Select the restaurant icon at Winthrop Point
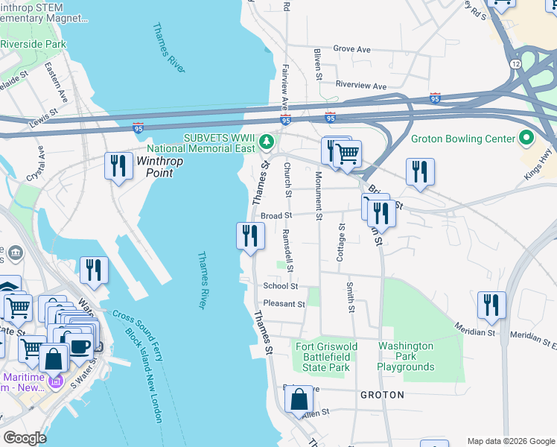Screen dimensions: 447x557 click(x=118, y=165)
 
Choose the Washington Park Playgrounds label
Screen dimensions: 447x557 click(x=406, y=356)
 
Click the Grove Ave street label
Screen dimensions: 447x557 click(x=351, y=49)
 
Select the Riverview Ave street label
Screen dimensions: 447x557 click(x=361, y=86)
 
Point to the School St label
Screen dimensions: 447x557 click(x=280, y=285)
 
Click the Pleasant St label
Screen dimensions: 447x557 click(x=284, y=304)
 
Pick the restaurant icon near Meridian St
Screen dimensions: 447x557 click(x=491, y=305)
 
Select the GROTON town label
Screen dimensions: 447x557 click(x=382, y=395)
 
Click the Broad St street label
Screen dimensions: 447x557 click(x=276, y=216)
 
